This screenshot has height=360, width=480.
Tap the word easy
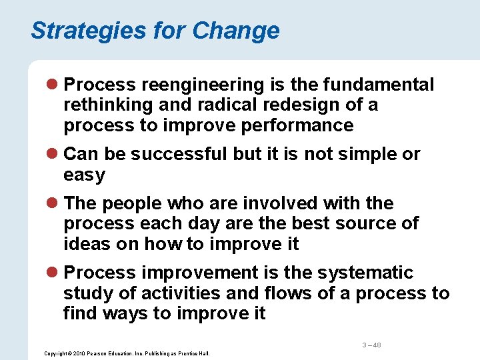pos(84,175)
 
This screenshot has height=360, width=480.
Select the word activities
pos(162,293)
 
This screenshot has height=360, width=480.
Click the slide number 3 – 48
pos(371,345)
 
